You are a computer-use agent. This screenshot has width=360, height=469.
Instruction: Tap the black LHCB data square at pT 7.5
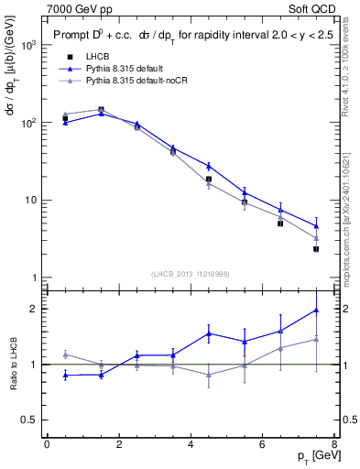tap(316, 248)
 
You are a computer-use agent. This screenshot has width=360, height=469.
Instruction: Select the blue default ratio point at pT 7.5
tap(316, 310)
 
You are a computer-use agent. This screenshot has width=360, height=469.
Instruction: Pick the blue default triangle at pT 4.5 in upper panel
tap(209, 166)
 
